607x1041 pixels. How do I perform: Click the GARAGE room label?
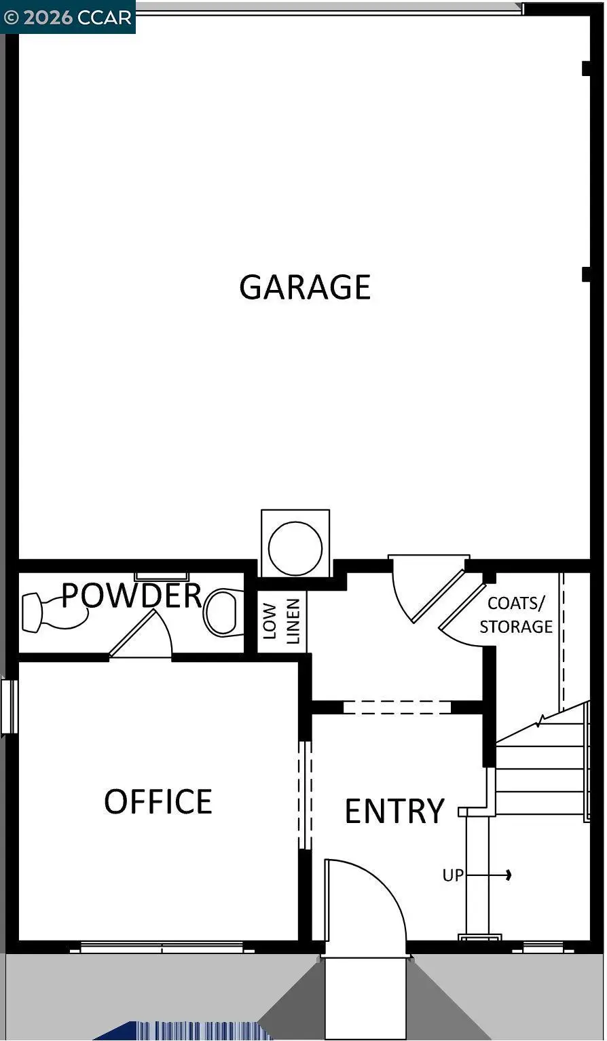[305, 287]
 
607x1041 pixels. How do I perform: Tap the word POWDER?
[132, 596]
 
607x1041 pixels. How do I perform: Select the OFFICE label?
[158, 801]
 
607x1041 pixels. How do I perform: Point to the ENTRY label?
[394, 811]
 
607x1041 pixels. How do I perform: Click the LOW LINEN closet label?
[281, 621]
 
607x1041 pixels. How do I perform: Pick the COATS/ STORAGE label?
[516, 615]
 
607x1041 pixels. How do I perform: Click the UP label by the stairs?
[453, 875]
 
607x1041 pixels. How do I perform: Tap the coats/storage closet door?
[462, 608]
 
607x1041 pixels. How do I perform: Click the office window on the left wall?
[9, 707]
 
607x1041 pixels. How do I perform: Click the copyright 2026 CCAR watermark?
[68, 17]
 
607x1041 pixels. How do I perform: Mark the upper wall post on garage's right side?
[586, 69]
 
